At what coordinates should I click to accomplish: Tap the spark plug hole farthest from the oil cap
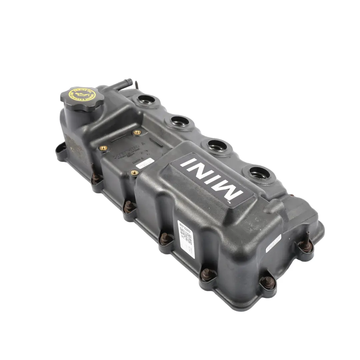tap(259, 173)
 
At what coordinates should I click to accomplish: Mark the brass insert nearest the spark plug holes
tap(136, 132)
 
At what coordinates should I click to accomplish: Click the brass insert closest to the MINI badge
tap(134, 172)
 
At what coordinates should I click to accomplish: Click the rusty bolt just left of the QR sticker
tap(164, 238)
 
